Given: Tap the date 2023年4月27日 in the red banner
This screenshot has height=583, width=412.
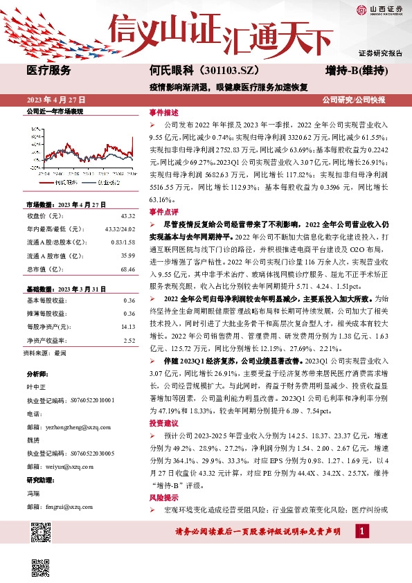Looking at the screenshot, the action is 56,100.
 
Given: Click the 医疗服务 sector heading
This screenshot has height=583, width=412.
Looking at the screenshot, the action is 48,71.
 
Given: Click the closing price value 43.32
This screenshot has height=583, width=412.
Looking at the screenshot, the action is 127,217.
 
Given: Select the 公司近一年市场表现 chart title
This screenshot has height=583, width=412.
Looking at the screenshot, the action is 55,111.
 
